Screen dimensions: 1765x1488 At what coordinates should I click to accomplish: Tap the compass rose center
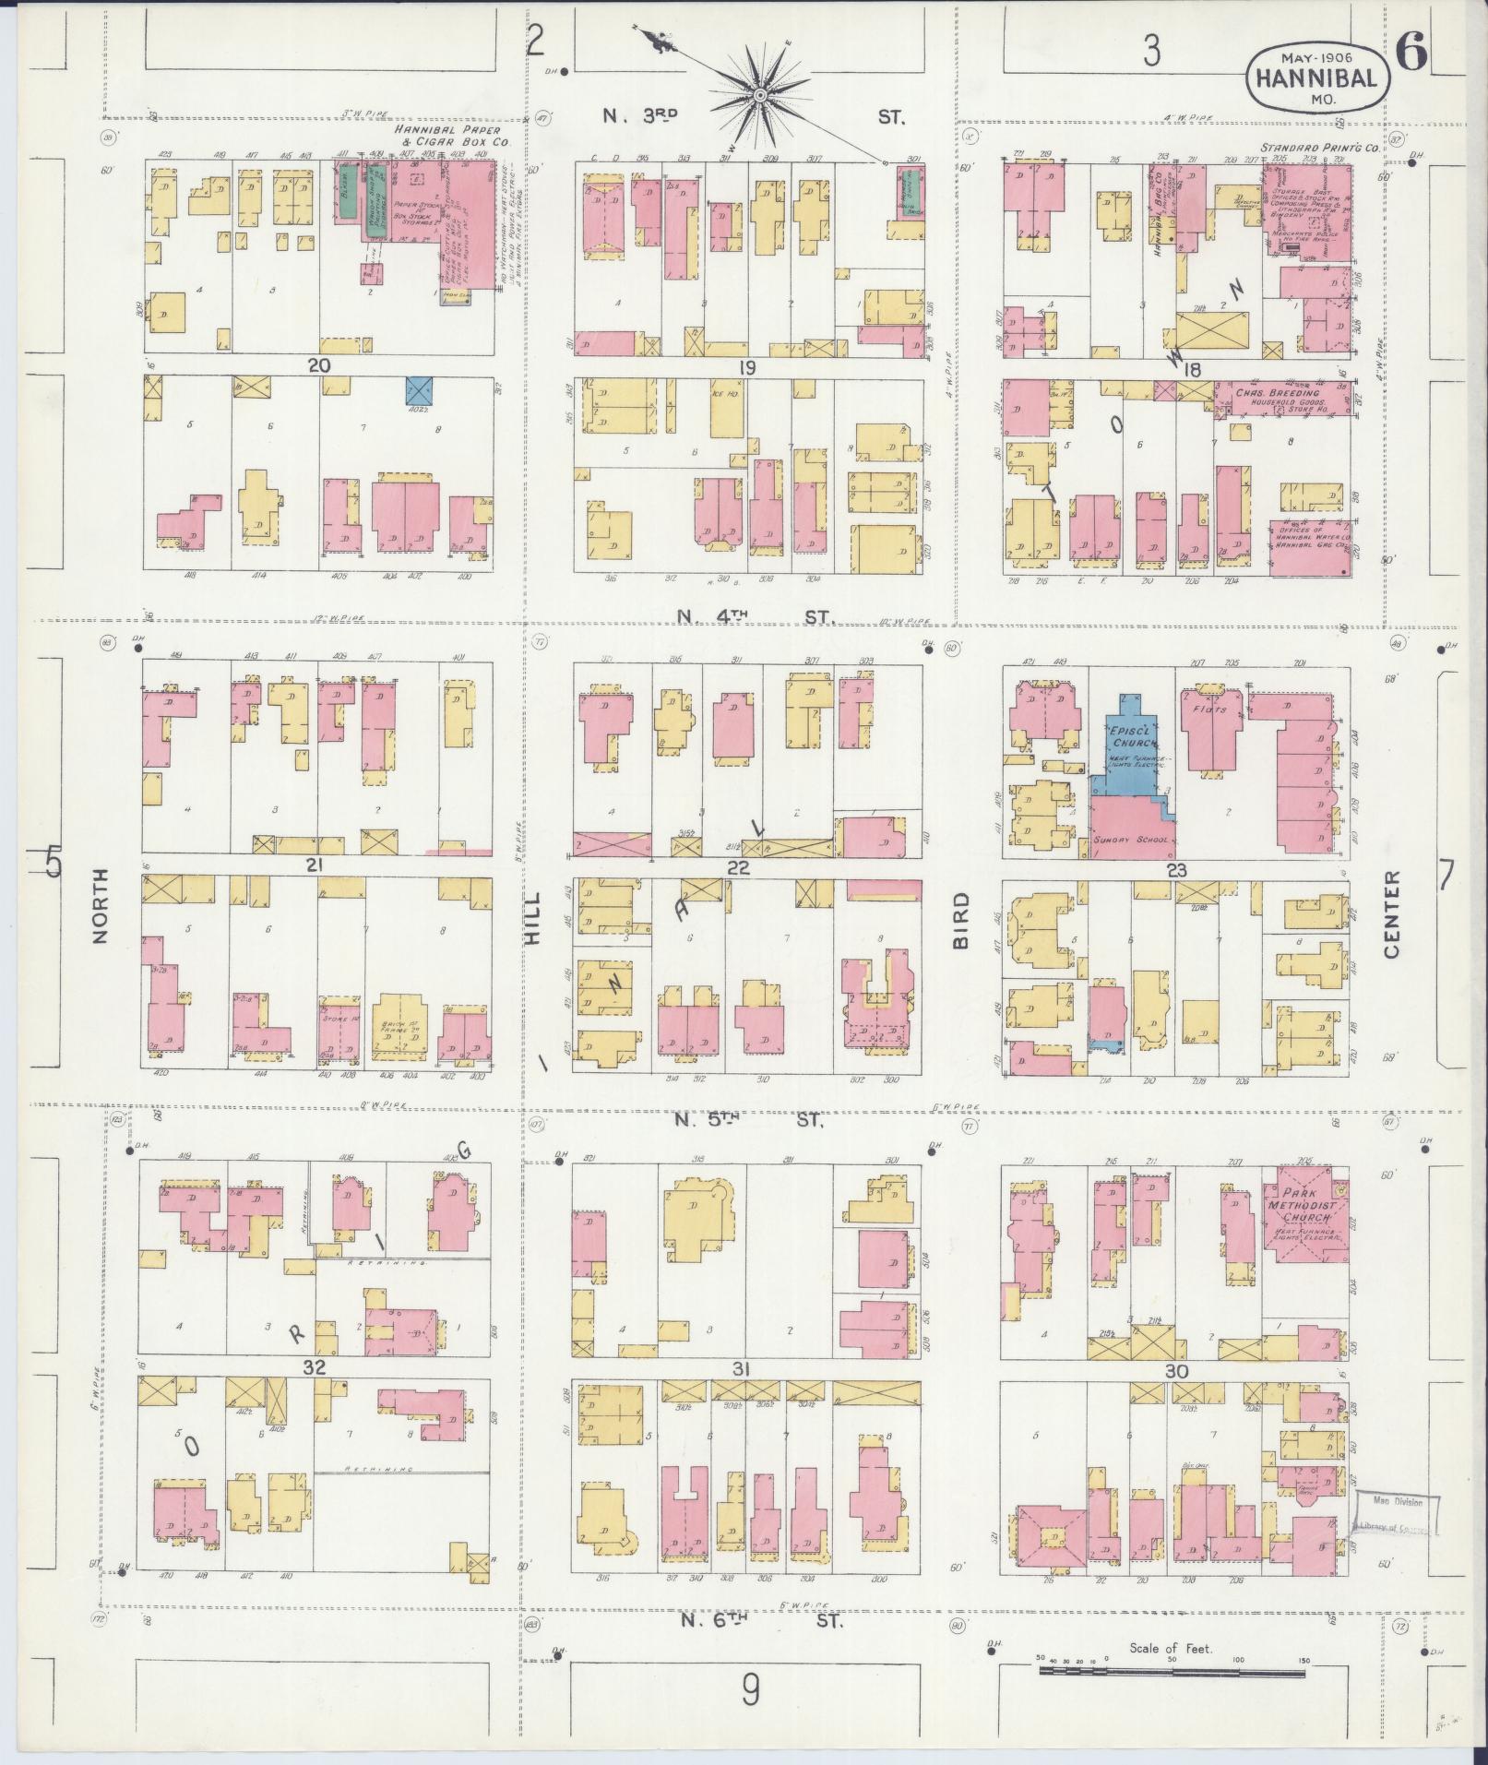click(x=759, y=95)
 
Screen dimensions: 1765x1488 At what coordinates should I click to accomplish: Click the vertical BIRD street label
click(x=961, y=920)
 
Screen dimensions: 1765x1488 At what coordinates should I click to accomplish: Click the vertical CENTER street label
click(x=1391, y=913)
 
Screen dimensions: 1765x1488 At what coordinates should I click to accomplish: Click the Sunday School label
click(x=1131, y=840)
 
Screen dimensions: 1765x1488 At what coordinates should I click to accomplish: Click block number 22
click(x=738, y=867)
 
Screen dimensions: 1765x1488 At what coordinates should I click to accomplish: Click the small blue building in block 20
click(x=421, y=388)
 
